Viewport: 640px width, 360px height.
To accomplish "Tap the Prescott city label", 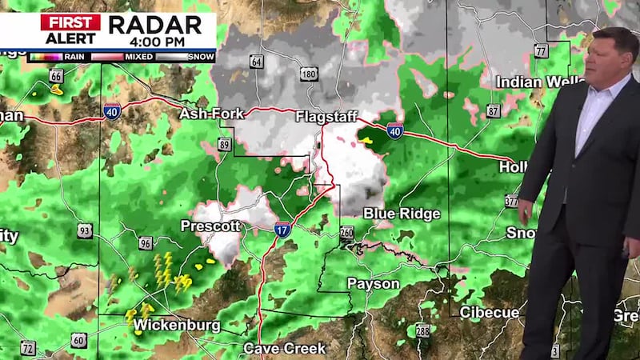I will tap(210, 226).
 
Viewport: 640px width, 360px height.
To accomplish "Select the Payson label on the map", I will tap(373, 284).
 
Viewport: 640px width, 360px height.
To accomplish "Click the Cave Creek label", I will tap(284, 348).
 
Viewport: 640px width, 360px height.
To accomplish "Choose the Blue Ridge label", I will tap(402, 214).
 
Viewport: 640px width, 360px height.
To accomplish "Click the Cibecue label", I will tap(489, 312).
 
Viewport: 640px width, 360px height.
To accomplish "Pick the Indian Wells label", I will tap(530, 82).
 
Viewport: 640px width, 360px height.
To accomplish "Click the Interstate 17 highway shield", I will tap(282, 230).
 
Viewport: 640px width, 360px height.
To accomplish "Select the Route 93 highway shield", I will tap(86, 231).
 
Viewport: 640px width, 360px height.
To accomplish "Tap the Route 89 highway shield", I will tap(225, 145).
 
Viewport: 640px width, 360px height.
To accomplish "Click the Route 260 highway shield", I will tap(346, 233).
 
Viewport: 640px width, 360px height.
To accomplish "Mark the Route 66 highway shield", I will tap(56, 76).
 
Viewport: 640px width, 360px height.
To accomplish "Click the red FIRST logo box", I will tap(70, 22).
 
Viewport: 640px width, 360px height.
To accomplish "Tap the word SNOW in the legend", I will tap(200, 57).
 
